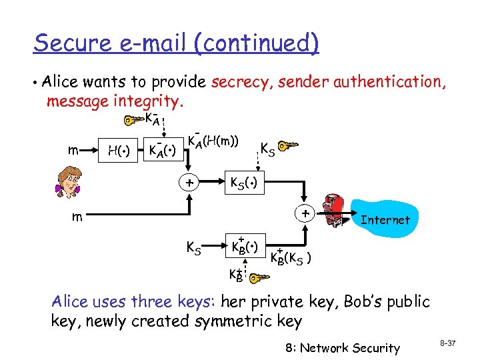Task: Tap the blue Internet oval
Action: coord(383,219)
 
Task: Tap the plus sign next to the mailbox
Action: coord(305,214)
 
